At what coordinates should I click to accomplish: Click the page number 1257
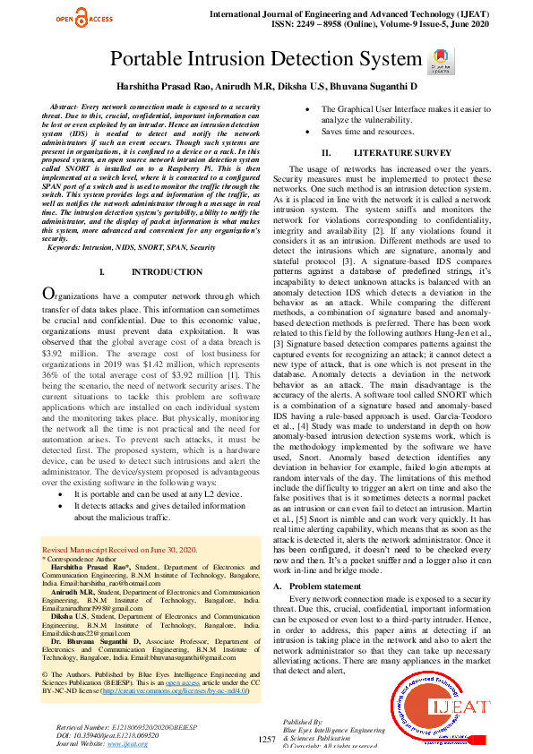266,739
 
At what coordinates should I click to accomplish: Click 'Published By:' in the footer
304,722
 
